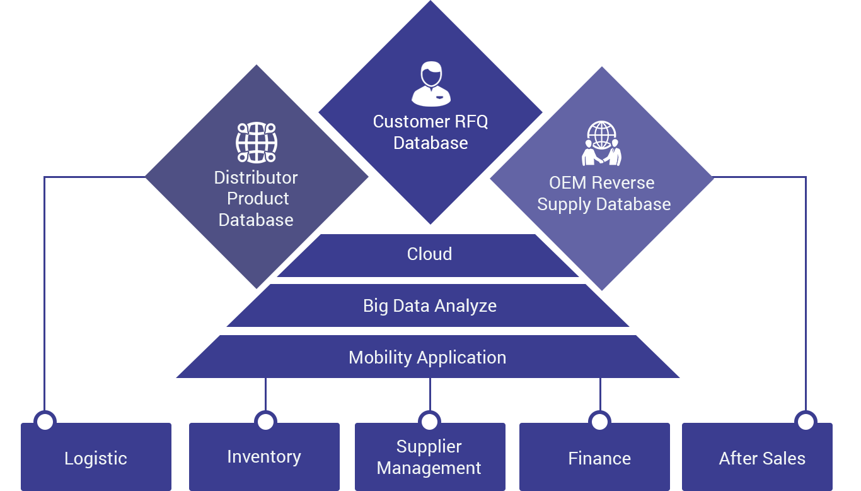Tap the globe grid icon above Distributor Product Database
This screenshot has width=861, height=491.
click(257, 143)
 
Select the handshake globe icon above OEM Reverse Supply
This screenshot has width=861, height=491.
click(601, 144)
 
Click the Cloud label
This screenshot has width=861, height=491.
click(429, 254)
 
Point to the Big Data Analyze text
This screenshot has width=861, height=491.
click(430, 306)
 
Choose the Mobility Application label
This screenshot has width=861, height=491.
click(427, 357)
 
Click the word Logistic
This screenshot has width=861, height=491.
click(96, 458)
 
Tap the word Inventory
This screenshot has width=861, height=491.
click(264, 456)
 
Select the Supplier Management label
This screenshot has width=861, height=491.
click(429, 458)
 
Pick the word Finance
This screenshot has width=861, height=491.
click(599, 458)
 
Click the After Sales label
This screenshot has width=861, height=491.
click(762, 458)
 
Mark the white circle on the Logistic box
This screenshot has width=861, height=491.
click(45, 422)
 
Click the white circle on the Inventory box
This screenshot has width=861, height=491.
click(265, 422)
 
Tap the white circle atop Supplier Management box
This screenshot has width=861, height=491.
click(429, 422)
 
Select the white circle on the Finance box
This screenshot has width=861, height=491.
click(599, 422)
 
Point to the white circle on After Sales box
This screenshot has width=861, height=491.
click(806, 422)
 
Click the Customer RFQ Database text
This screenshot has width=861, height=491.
click(430, 132)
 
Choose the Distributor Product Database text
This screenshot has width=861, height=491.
click(256, 198)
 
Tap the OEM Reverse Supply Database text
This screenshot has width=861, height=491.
click(604, 194)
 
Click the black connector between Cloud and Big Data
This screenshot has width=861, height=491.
click(429, 280)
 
